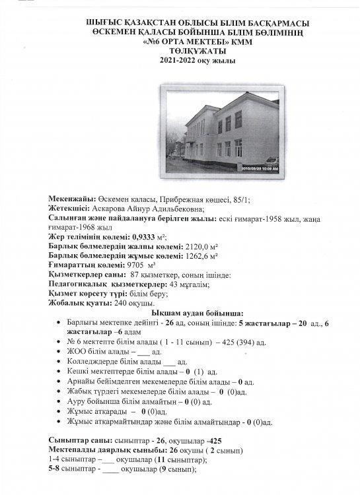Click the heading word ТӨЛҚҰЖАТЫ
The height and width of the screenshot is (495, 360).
click(x=179, y=51)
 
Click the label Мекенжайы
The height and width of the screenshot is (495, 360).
click(x=72, y=199)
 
